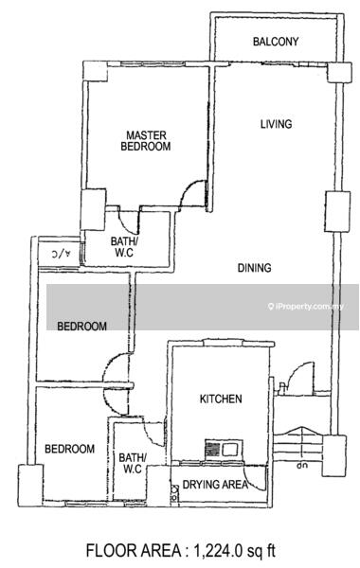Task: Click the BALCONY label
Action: coord(276,42)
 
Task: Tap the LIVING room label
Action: coord(277,124)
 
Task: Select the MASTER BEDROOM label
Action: coord(146,141)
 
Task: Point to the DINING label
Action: coord(254,268)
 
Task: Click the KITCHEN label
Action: coord(221,399)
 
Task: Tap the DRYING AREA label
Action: coord(215,485)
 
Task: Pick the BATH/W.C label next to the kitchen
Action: coord(133,463)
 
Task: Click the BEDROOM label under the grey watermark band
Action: coord(81,326)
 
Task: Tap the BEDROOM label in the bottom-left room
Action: coord(69,449)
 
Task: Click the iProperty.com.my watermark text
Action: coord(306,307)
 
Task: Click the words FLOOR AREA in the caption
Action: coord(134,551)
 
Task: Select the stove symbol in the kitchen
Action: coord(224,450)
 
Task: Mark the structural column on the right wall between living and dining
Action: coord(337,211)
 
